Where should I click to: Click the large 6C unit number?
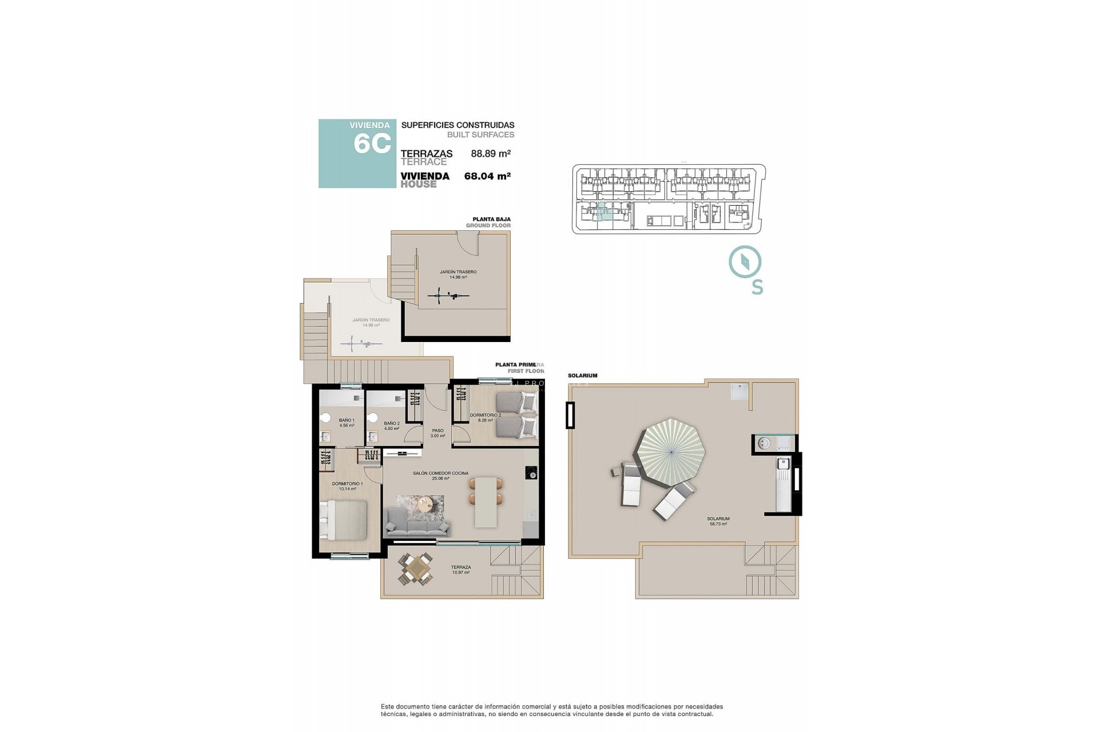(372, 144)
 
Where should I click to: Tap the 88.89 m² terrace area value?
(490, 153)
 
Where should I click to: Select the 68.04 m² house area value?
(487, 176)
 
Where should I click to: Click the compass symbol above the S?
(745, 262)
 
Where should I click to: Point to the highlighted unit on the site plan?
(602, 212)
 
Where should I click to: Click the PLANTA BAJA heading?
(491, 219)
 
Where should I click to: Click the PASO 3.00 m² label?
(437, 433)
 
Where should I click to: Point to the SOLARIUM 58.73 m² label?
(719, 521)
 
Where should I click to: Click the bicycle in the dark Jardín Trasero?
(448, 296)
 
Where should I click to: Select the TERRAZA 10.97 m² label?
(461, 570)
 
